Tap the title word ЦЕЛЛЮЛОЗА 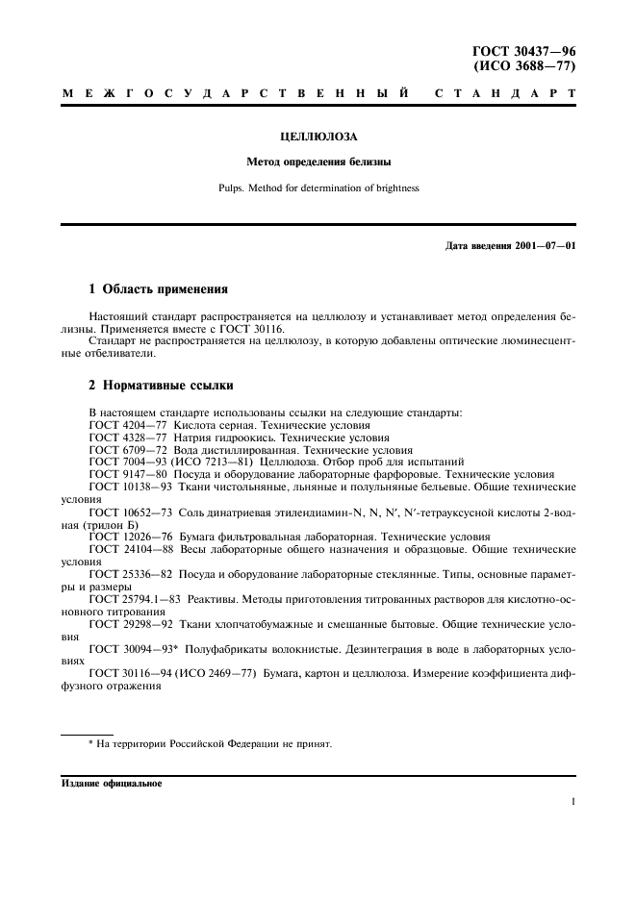point(318,137)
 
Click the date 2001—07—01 point(544,246)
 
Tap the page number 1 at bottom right point(572,800)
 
